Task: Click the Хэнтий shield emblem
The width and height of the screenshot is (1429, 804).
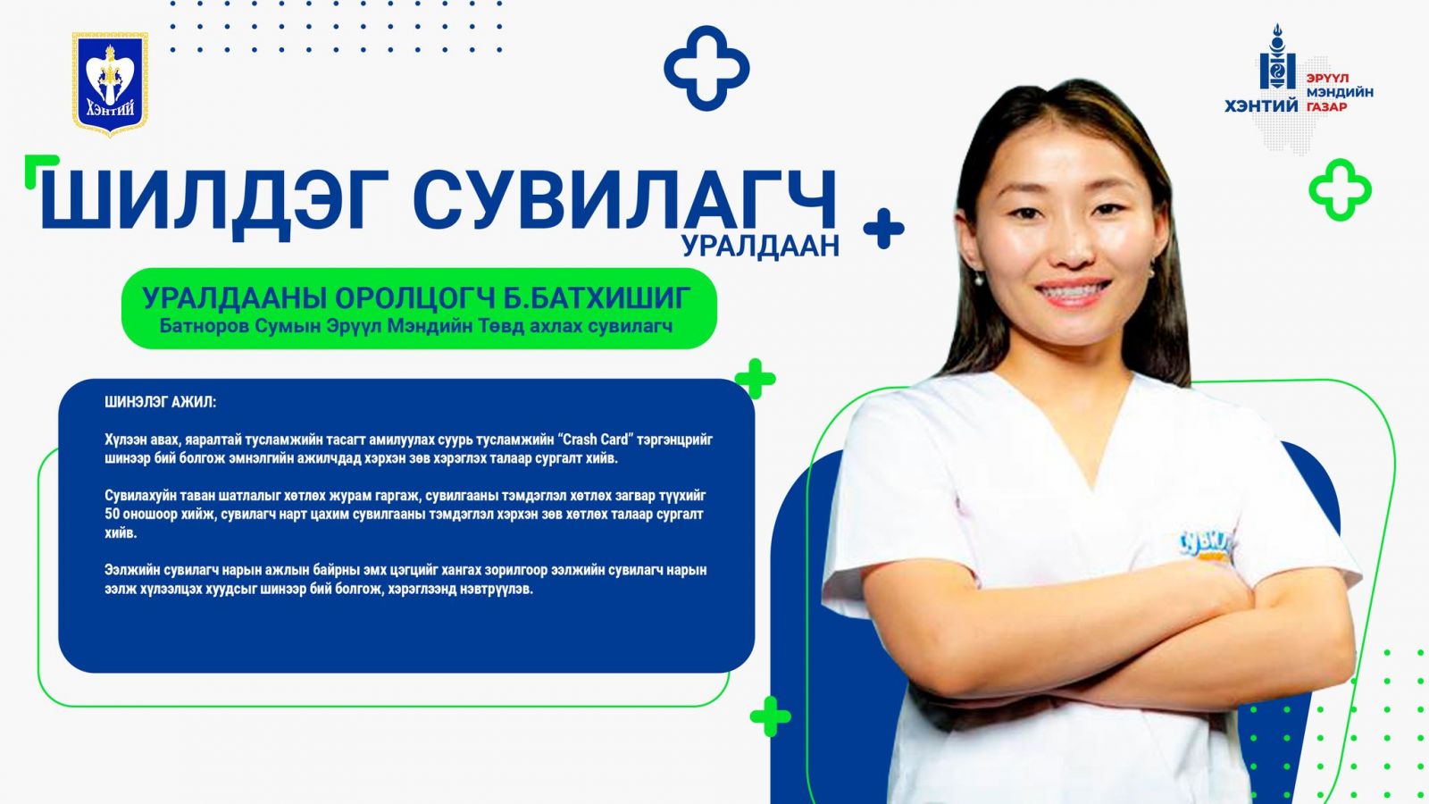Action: click(111, 84)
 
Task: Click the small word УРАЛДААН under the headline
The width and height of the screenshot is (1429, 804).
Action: click(760, 246)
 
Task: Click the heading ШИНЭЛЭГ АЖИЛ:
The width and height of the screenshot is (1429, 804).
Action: click(161, 402)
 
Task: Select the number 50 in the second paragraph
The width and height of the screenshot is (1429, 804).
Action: click(112, 515)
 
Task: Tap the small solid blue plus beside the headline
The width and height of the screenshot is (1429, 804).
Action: click(883, 229)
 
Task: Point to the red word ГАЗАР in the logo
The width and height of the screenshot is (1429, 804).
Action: click(1326, 107)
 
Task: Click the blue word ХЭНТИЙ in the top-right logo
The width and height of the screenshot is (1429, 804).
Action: click(1261, 106)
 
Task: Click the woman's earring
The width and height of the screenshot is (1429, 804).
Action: click(977, 278)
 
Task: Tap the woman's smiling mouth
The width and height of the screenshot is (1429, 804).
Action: click(1073, 293)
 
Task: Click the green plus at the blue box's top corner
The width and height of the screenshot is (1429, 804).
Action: click(756, 379)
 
